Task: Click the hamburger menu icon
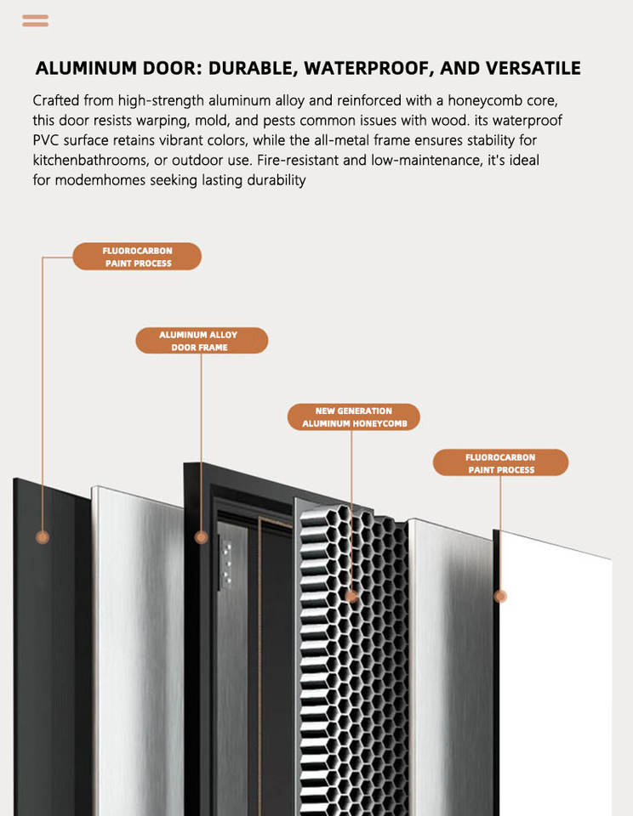click(x=35, y=20)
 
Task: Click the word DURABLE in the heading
click(x=255, y=68)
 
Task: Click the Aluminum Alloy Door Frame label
click(x=202, y=341)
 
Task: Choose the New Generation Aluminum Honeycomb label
click(x=353, y=416)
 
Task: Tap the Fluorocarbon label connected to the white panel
click(x=500, y=463)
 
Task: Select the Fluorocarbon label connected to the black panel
click(x=137, y=257)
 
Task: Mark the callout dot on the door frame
click(x=202, y=537)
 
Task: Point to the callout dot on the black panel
click(x=43, y=537)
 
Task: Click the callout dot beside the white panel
click(x=501, y=597)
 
